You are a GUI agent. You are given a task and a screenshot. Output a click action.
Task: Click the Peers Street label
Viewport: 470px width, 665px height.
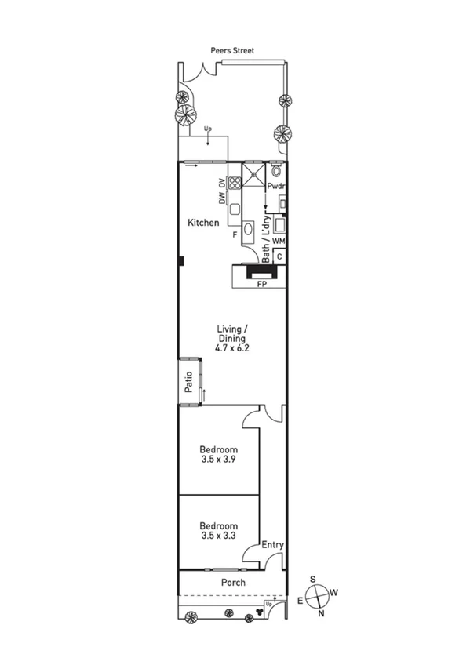tap(232, 50)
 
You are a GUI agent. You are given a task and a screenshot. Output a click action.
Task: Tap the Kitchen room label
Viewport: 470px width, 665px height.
tap(202, 223)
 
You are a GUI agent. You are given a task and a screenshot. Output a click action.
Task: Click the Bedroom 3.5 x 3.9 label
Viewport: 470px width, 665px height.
tap(218, 455)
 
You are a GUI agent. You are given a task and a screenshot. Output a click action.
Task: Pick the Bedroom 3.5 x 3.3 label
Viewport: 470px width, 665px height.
tap(218, 531)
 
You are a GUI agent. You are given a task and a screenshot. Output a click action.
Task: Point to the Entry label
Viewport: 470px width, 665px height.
tap(272, 545)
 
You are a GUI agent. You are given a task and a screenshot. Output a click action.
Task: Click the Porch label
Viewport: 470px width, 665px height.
tap(233, 583)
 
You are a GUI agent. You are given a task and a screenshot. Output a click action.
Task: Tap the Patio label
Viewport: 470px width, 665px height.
tap(188, 381)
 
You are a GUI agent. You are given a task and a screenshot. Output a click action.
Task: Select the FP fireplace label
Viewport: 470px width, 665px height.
tap(262, 284)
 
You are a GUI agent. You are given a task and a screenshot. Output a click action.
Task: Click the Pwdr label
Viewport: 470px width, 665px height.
tap(275, 187)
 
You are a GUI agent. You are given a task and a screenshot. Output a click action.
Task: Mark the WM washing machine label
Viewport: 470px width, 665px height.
tap(279, 240)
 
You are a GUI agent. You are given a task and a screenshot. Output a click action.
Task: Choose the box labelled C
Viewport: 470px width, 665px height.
tap(279, 256)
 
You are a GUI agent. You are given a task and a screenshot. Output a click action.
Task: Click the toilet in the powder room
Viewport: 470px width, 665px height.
tap(276, 170)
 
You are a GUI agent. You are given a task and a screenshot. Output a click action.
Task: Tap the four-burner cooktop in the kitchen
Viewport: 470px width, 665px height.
tap(234, 183)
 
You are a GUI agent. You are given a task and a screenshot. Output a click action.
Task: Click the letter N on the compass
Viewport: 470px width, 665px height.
tap(320, 613)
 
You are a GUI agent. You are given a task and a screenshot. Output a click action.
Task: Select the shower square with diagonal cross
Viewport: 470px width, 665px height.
tap(253, 174)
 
